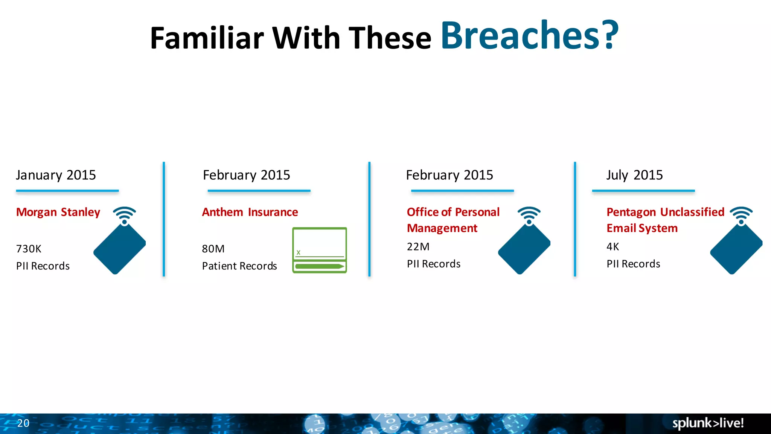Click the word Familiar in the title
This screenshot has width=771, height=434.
207,38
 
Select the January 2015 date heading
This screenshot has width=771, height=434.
56,175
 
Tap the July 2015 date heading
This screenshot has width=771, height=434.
634,175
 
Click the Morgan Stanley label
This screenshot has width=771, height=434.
58,212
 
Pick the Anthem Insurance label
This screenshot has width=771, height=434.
250,212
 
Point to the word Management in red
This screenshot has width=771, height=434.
442,228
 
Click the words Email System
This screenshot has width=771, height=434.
642,228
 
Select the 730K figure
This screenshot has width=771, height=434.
29,249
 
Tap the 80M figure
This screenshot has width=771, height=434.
213,249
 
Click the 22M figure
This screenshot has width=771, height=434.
418,247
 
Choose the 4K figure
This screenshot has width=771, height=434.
613,247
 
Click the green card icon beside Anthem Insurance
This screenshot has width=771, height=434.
319,250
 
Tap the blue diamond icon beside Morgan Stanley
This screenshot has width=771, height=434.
119,249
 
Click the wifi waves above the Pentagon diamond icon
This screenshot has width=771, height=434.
741,213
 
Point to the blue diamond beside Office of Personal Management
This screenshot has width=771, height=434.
524,249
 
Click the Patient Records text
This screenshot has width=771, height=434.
239,266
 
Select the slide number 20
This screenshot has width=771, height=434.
23,423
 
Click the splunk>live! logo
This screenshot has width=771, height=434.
708,423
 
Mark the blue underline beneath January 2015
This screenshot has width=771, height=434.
67,191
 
